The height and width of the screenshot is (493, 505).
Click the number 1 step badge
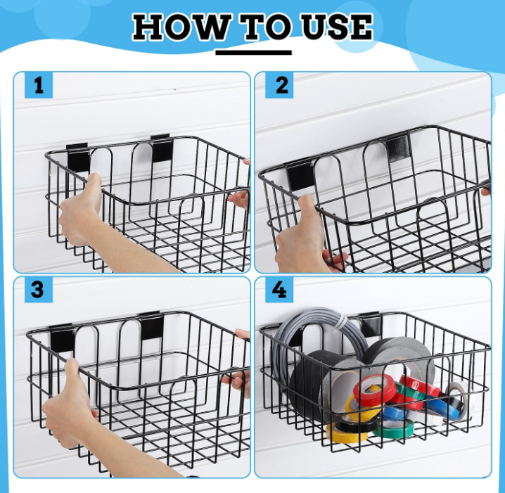(39, 85)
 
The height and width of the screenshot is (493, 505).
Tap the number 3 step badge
(39, 289)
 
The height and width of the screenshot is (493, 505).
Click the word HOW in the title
(180, 27)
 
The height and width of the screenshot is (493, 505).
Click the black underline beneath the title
(253, 51)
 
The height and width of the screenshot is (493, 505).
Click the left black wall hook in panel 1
(77, 156)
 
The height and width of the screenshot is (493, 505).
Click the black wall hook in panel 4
(370, 324)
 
